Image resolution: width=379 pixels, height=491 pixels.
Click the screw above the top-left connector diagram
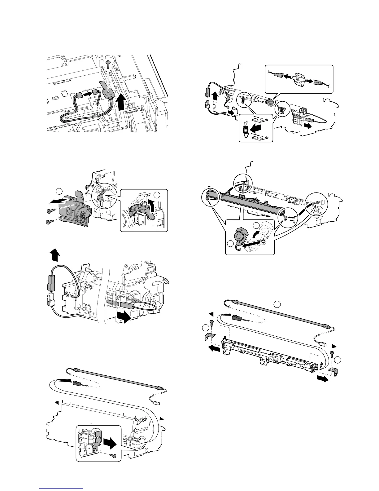click(x=108, y=63)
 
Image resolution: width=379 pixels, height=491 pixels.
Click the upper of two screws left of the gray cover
click(x=50, y=211)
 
